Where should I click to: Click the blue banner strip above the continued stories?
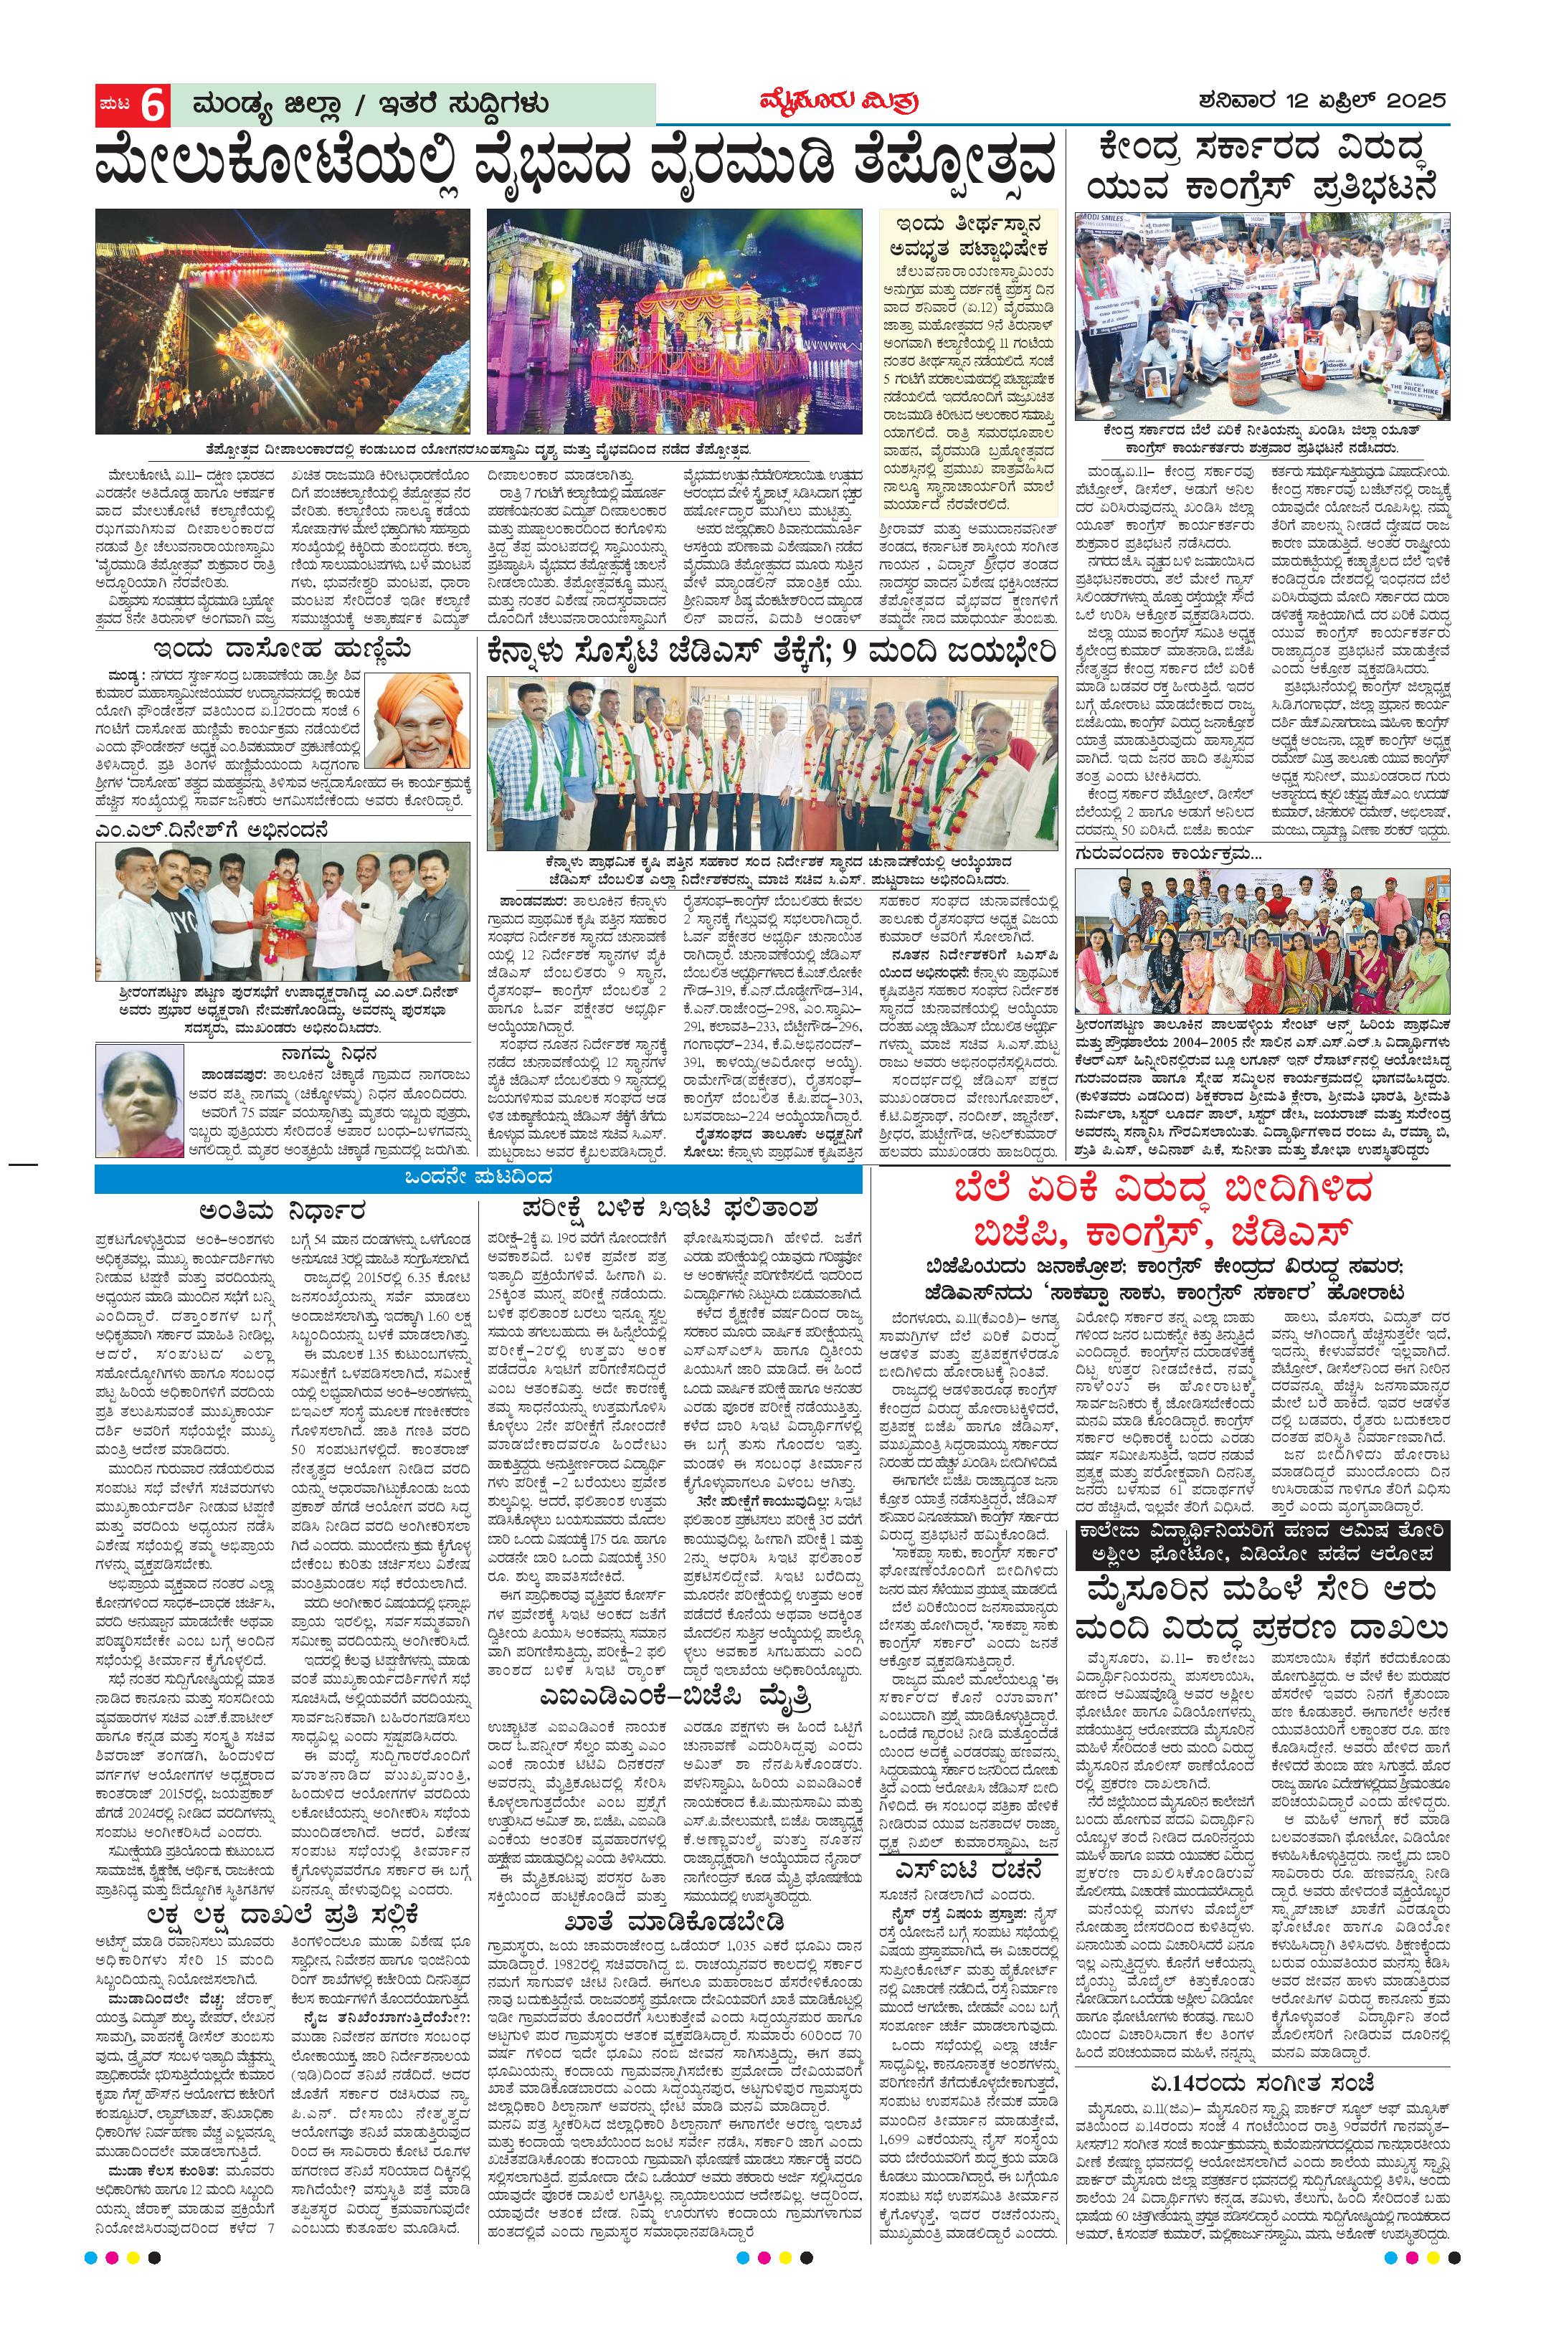coord(478,1177)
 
